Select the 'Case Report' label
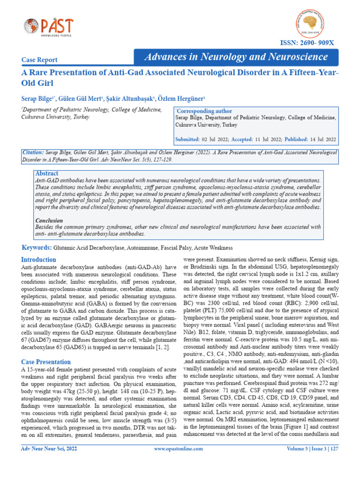click(x=40, y=60)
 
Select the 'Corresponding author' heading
click(x=202, y=111)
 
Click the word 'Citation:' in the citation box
click(x=33, y=152)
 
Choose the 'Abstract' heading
click(x=47, y=173)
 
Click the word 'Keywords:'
click(x=37, y=247)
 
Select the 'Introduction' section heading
click(x=39, y=260)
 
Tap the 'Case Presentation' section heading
click(x=46, y=362)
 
